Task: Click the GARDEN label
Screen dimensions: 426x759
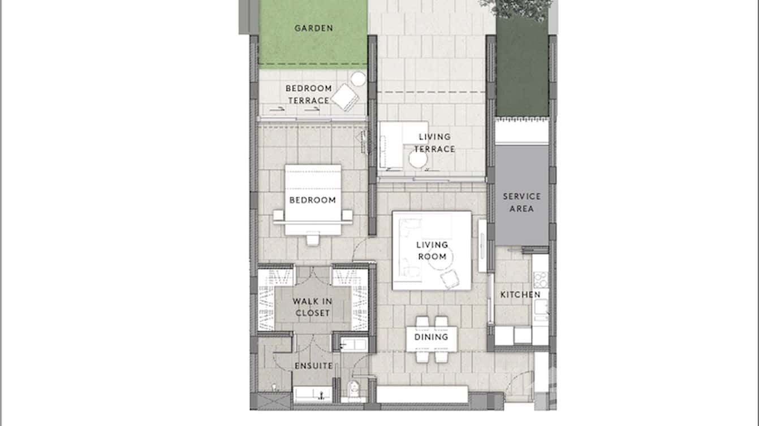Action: pyautogui.click(x=313, y=28)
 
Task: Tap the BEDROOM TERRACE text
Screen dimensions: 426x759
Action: pyautogui.click(x=308, y=94)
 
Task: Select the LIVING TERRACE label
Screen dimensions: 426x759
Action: pyautogui.click(x=434, y=143)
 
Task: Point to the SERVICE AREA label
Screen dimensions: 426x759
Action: pyautogui.click(x=521, y=202)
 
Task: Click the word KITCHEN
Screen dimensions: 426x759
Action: pyautogui.click(x=520, y=294)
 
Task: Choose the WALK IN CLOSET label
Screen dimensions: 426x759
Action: pyautogui.click(x=312, y=307)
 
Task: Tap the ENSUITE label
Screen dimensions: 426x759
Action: pyautogui.click(x=313, y=366)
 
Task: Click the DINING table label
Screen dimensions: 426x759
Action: pyautogui.click(x=431, y=337)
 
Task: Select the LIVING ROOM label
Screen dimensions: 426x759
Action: pyautogui.click(x=432, y=250)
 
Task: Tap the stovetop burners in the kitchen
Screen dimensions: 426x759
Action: pyautogui.click(x=541, y=279)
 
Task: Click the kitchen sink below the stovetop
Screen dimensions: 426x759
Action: pyautogui.click(x=541, y=307)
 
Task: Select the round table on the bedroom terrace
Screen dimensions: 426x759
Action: pyautogui.click(x=358, y=79)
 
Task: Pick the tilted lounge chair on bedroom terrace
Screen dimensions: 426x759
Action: pyautogui.click(x=345, y=98)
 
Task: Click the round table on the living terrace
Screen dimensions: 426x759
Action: pyautogui.click(x=418, y=160)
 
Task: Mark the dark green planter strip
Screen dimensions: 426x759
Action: pyautogui.click(x=521, y=68)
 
